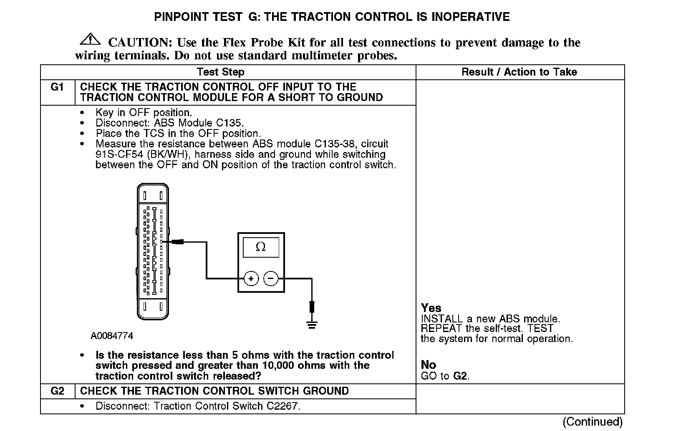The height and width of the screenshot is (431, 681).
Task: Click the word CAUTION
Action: point(138,43)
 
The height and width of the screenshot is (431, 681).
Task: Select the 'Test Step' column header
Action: point(220,72)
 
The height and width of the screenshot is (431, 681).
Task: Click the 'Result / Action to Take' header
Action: point(519,72)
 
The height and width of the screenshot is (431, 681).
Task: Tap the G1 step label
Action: point(57,87)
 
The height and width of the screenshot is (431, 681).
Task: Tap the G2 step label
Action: point(57,391)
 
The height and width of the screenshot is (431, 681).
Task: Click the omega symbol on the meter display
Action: point(260,247)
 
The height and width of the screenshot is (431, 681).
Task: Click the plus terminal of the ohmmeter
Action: point(251,278)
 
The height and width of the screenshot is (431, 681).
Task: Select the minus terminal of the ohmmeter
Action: point(271,278)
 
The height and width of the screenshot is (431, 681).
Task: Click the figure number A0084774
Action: point(112,336)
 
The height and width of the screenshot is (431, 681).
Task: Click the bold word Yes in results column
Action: point(431,308)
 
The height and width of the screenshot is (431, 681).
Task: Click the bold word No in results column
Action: point(429,365)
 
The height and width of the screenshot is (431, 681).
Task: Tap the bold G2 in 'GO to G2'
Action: point(460,376)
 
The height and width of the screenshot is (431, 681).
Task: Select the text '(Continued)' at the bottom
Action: point(593,422)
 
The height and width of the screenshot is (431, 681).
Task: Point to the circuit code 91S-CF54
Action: point(121,155)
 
